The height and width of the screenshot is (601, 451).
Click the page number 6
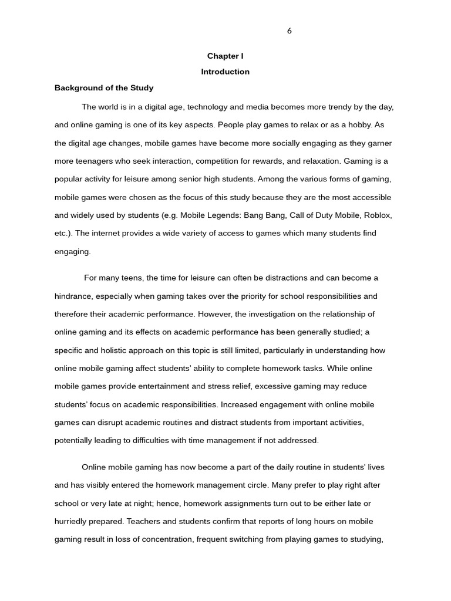290,31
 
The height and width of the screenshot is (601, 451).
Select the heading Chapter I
225,56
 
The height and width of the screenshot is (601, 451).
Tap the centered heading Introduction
225,72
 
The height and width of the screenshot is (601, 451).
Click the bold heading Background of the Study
104,88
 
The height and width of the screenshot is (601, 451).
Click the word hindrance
75,296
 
